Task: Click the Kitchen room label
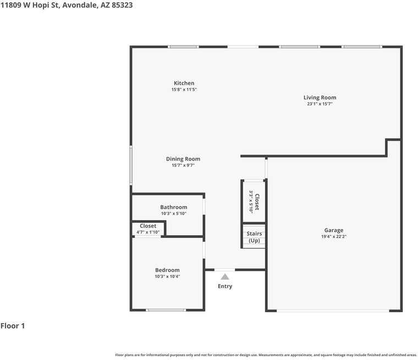[x=184, y=83]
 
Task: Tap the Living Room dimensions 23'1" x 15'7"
[x=320, y=104]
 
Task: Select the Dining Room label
[x=183, y=159]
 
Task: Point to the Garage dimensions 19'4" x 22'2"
[x=334, y=236]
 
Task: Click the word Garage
[x=334, y=230]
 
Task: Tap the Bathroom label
[x=174, y=207]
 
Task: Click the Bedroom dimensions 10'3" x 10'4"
[x=167, y=276]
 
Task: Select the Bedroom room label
[x=167, y=270]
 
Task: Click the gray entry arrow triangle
[x=225, y=276]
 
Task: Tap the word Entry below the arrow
[x=225, y=286]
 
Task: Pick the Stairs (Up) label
[x=254, y=237]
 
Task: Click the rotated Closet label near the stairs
[x=257, y=202]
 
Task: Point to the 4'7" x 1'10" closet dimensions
[x=148, y=232]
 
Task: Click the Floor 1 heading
[x=13, y=326]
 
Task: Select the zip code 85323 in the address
[x=122, y=5]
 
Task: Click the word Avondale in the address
[x=80, y=5]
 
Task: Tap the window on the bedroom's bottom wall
[x=166, y=310]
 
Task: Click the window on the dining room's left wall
[x=131, y=165]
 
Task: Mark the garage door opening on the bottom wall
[x=333, y=311]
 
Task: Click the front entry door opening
[x=225, y=270]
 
